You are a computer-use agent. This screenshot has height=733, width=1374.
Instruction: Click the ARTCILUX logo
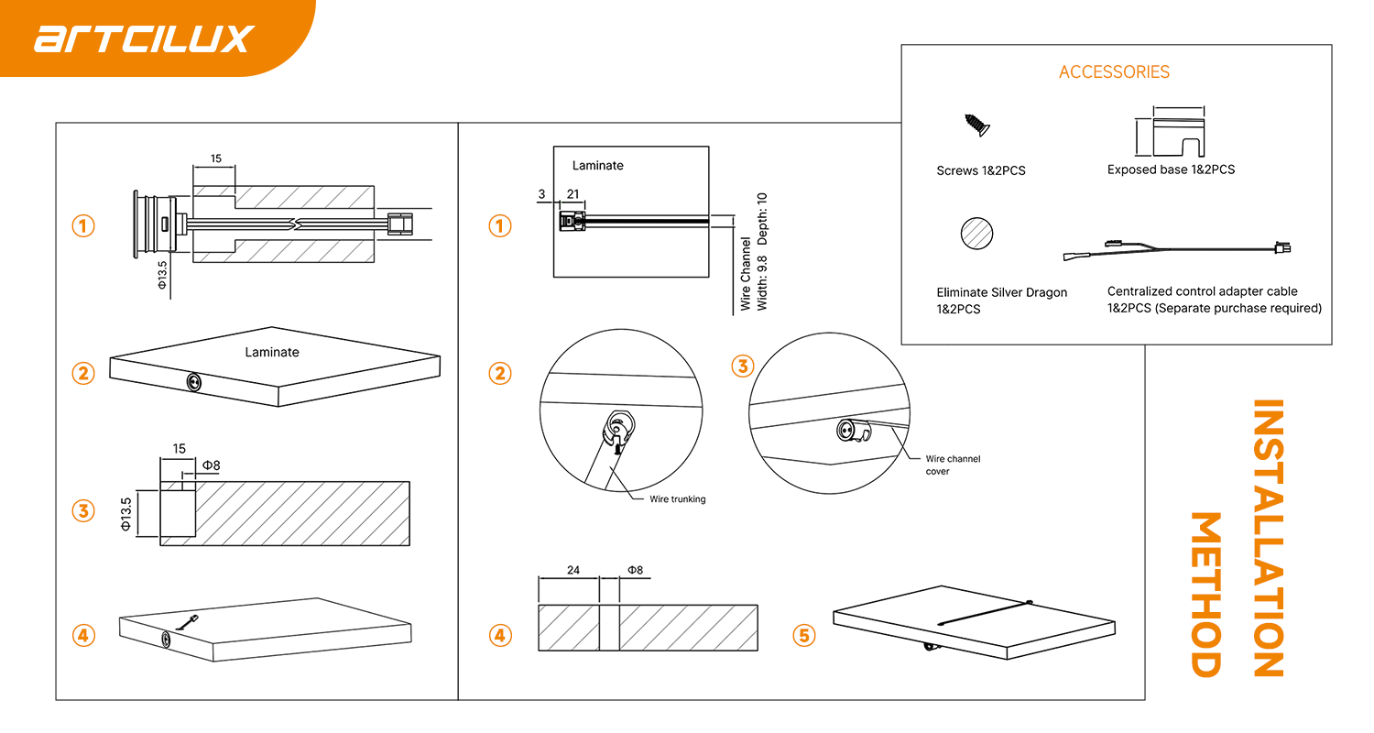[143, 38]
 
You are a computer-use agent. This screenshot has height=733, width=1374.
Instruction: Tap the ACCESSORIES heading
[1114, 72]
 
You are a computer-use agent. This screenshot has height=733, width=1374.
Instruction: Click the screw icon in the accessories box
[976, 125]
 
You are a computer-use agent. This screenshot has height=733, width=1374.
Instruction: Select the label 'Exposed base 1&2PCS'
[1171, 170]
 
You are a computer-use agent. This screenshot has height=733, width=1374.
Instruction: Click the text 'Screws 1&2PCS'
[980, 170]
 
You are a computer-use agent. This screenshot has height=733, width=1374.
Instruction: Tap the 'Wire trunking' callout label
[677, 499]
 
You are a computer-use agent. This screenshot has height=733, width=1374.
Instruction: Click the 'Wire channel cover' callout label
[953, 465]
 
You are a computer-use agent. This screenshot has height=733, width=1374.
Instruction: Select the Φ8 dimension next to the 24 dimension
[635, 570]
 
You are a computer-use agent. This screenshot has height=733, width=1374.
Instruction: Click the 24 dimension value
[573, 570]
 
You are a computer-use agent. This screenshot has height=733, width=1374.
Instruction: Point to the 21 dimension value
[573, 194]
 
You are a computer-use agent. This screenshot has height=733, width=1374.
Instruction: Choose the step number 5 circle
[803, 635]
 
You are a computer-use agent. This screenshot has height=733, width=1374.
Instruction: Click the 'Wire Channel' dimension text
[746, 274]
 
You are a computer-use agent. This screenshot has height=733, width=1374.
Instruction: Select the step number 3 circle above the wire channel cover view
[742, 366]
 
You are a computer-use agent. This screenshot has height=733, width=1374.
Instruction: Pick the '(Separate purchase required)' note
[1238, 309]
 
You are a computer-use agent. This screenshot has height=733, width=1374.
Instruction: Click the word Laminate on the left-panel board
[271, 352]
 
